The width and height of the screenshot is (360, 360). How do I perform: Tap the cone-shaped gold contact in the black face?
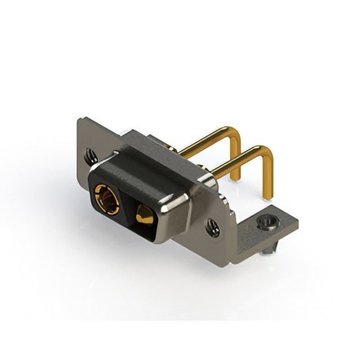141,213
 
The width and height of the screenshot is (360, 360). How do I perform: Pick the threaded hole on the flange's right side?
213,226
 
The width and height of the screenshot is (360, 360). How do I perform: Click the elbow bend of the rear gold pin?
236,137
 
